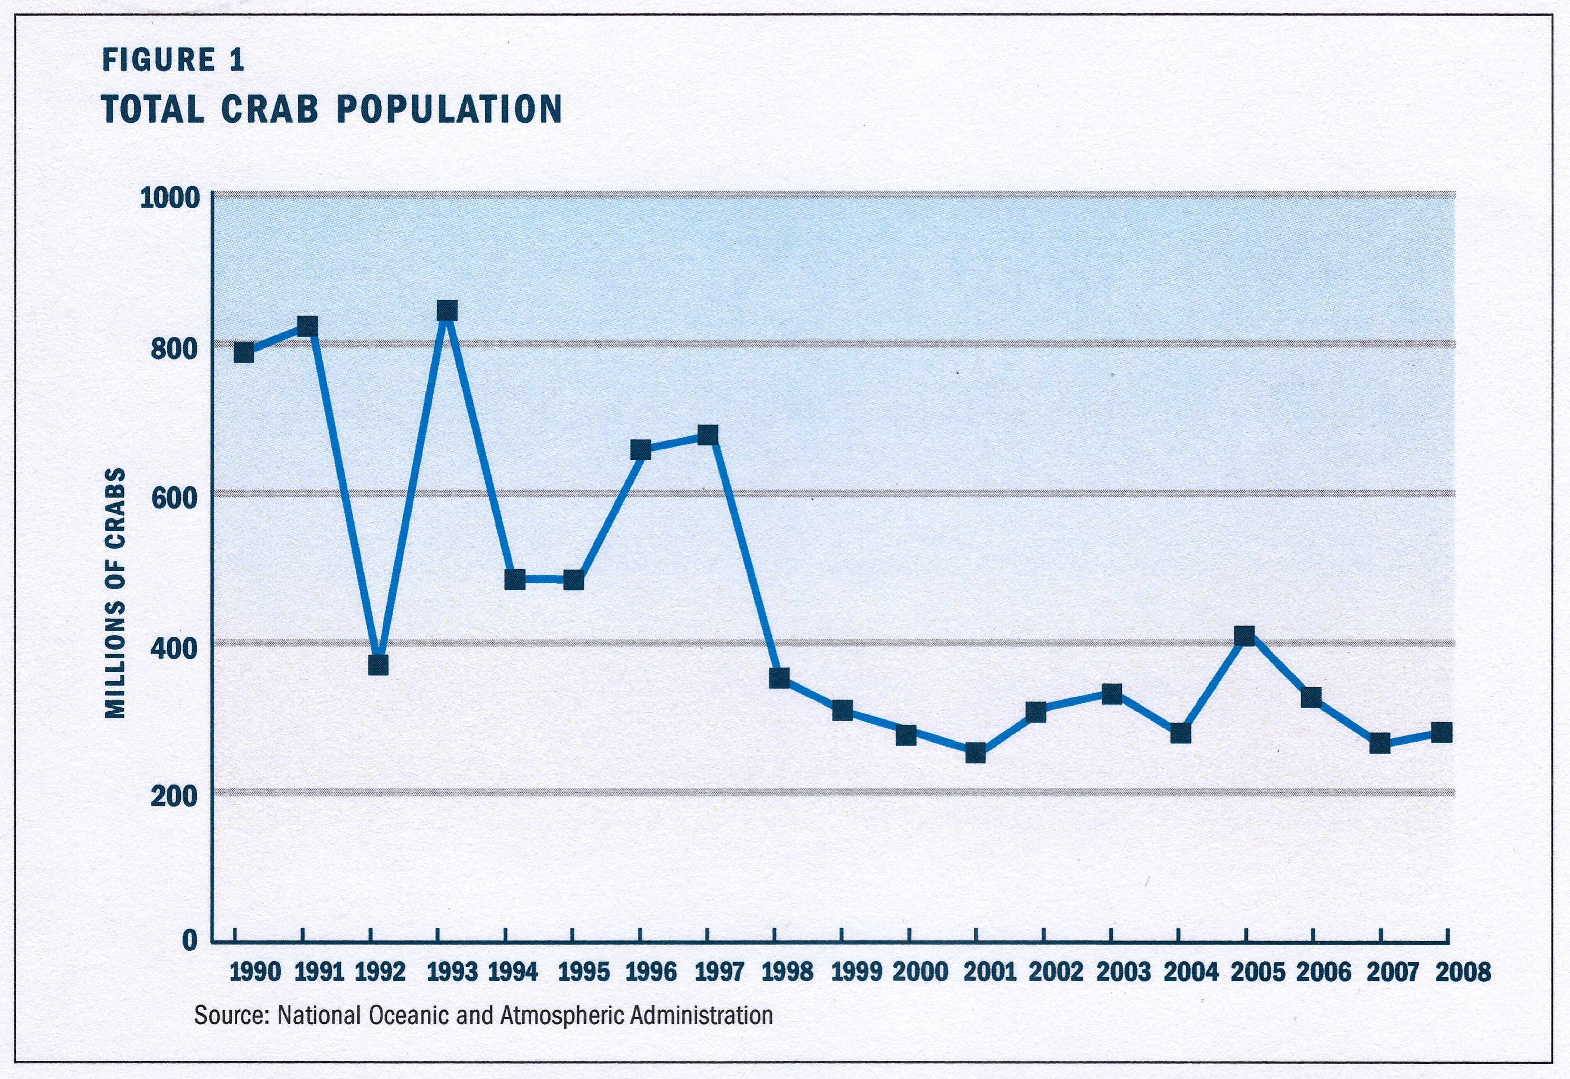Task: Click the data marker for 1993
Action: (x=447, y=311)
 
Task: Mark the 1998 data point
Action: (x=779, y=678)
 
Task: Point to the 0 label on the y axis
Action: (x=190, y=940)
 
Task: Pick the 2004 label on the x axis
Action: (x=1191, y=972)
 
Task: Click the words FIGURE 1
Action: (x=173, y=60)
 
